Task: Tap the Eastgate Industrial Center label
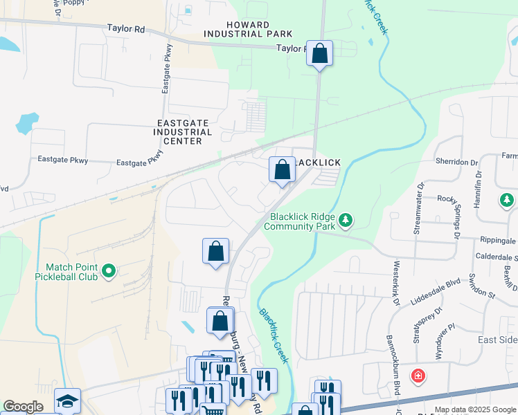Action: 182,131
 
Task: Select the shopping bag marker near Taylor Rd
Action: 319,53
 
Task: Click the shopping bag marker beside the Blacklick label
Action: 282,169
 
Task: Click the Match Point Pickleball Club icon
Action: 108,272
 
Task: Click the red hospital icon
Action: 418,377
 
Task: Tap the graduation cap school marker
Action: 67,401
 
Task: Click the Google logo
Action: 23,407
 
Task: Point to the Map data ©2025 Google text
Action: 475,409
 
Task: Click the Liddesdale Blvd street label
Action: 435,283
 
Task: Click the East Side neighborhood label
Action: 498,340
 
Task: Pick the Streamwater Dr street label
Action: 418,210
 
